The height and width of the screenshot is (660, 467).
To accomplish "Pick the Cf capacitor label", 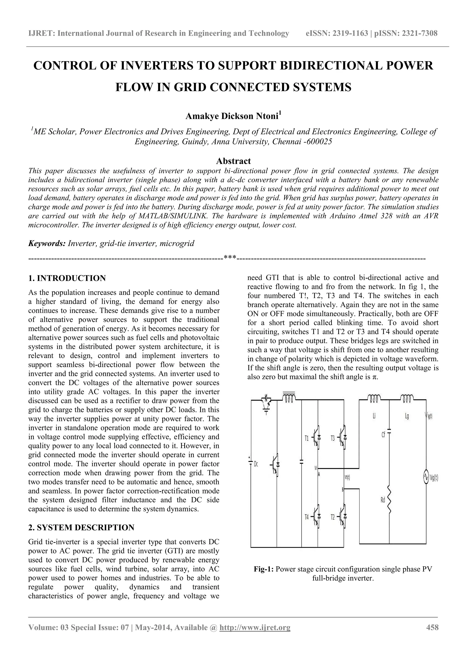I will [x=383, y=435].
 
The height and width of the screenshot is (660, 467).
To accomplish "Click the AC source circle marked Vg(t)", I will [x=426, y=478].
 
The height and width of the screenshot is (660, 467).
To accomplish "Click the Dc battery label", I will [x=256, y=464].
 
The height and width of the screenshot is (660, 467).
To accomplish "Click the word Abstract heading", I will [x=233, y=161].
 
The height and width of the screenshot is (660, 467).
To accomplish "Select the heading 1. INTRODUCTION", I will [x=67, y=278].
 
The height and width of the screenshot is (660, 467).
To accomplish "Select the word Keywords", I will [x=47, y=243].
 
